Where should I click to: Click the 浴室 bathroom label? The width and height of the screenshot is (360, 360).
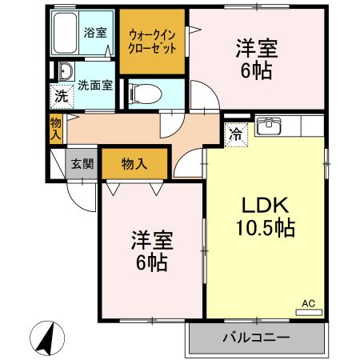[x=96, y=33]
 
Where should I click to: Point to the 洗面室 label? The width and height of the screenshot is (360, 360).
[x=94, y=83]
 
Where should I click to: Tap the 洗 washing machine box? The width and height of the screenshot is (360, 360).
[x=62, y=98]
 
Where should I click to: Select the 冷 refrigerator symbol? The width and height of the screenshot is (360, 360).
[x=237, y=134]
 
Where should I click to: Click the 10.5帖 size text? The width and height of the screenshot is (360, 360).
[x=264, y=228]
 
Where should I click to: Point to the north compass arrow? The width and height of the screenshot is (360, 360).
[x=49, y=337]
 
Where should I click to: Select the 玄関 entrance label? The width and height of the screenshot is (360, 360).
[x=82, y=164]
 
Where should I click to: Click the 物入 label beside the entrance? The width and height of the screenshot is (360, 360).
[x=134, y=164]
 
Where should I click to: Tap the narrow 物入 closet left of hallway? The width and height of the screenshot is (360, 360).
[x=55, y=127]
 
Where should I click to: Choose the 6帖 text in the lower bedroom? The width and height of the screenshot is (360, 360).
[x=150, y=262]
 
